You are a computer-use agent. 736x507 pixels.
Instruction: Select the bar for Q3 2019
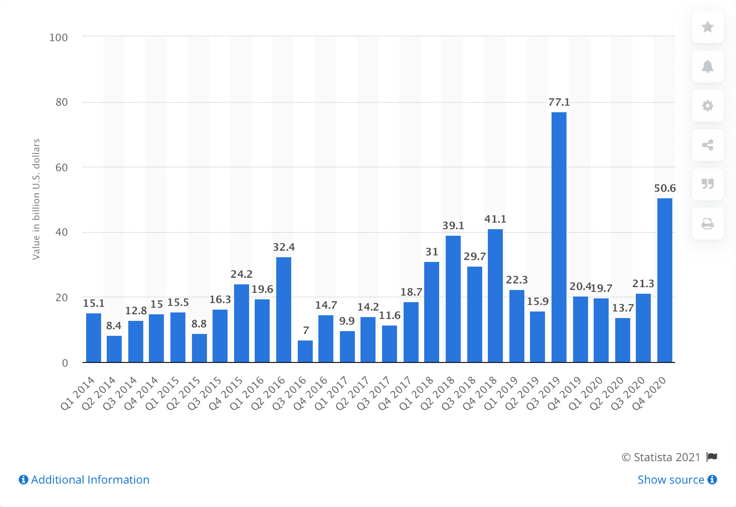pyautogui.click(x=559, y=237)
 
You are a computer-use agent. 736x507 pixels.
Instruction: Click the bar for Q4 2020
pyautogui.click(x=664, y=280)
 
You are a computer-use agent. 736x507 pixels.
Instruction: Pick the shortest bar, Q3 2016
pyautogui.click(x=305, y=351)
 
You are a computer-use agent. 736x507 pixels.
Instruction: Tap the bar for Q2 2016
pyautogui.click(x=284, y=310)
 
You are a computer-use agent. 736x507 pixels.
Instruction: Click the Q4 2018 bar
pyautogui.click(x=495, y=296)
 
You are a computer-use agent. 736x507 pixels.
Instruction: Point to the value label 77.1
pyautogui.click(x=559, y=102)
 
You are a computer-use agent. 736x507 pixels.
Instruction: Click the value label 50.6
pyautogui.click(x=665, y=188)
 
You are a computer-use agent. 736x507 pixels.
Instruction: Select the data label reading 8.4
pyautogui.click(x=114, y=326)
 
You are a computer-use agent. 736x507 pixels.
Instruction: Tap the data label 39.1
pyautogui.click(x=453, y=225)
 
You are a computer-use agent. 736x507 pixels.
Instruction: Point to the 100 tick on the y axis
pyautogui.click(x=59, y=37)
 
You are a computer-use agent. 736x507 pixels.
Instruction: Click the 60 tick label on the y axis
pyautogui.click(x=61, y=167)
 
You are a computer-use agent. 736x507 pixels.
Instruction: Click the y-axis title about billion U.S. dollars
pyautogui.click(x=36, y=199)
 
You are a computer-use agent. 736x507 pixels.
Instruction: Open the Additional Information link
pyautogui.click(x=84, y=480)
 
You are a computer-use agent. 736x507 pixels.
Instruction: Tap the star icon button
pyautogui.click(x=707, y=27)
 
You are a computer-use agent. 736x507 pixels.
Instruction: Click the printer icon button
pyautogui.click(x=707, y=224)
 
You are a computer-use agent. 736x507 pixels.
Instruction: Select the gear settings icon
pyautogui.click(x=707, y=106)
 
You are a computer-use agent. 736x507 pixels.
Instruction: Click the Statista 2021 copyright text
pyautogui.click(x=661, y=457)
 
